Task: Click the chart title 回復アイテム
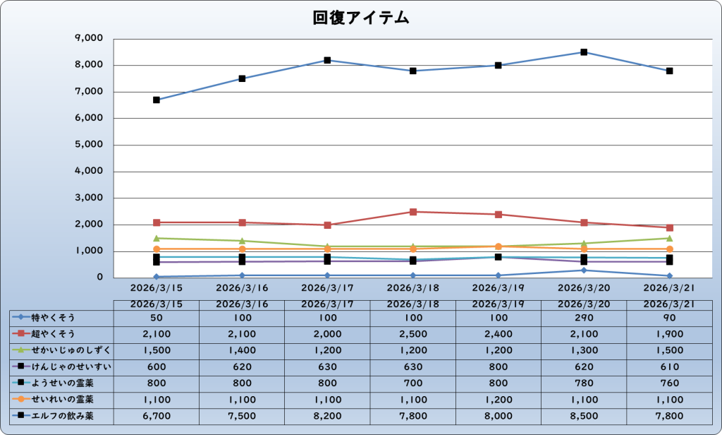(x=361, y=18)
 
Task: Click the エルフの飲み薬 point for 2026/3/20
(x=584, y=52)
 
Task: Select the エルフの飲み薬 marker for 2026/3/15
(x=157, y=100)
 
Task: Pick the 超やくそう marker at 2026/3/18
(x=413, y=212)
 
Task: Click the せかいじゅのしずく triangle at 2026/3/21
(x=669, y=238)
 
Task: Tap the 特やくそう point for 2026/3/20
(x=584, y=270)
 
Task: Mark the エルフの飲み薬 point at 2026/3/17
(x=328, y=60)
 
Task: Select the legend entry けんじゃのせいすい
(x=61, y=367)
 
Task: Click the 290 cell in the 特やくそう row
(x=584, y=317)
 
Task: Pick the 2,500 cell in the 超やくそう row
(x=413, y=333)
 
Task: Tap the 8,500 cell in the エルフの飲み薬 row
(x=584, y=416)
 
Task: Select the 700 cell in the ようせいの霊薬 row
(x=413, y=383)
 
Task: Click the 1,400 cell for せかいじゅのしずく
(x=242, y=350)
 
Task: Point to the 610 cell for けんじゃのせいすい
(x=669, y=367)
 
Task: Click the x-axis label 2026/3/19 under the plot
(x=498, y=288)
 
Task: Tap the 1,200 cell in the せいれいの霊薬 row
(x=498, y=400)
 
